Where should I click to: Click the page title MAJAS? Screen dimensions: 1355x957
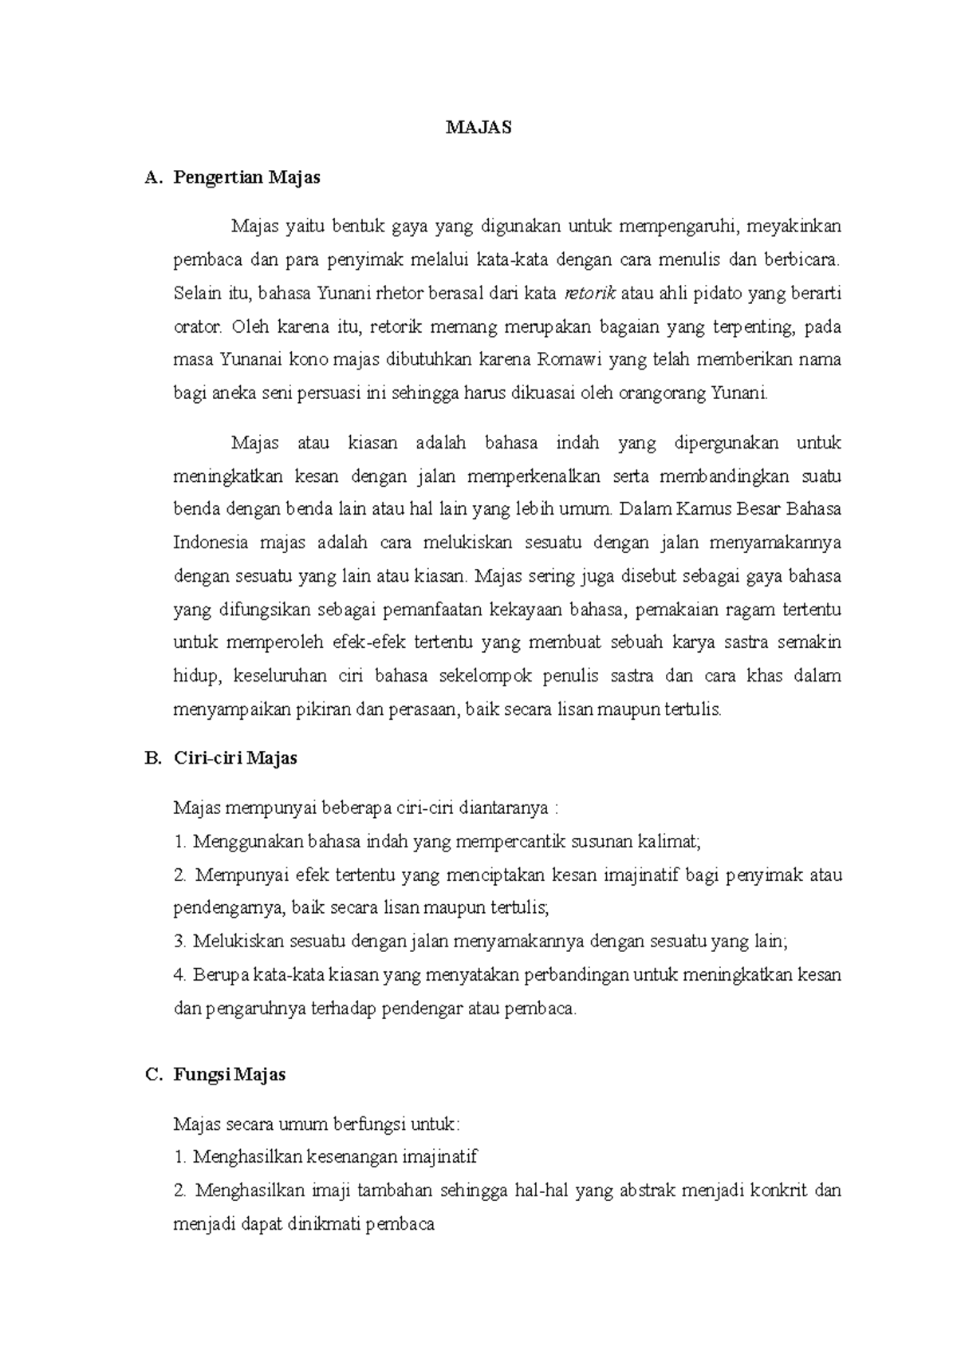tap(478, 128)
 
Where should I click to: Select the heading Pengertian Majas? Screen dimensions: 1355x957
tap(246, 177)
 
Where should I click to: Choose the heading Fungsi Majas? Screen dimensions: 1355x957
tap(230, 1074)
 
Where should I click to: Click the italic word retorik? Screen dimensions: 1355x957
tap(590, 294)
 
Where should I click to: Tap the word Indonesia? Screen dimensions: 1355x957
tap(210, 543)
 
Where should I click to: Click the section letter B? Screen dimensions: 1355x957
tap(152, 757)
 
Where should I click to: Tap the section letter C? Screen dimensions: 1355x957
tap(152, 1074)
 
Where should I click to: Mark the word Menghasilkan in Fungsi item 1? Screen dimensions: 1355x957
tap(236, 1157)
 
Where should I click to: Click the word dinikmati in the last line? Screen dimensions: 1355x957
tap(321, 1224)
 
